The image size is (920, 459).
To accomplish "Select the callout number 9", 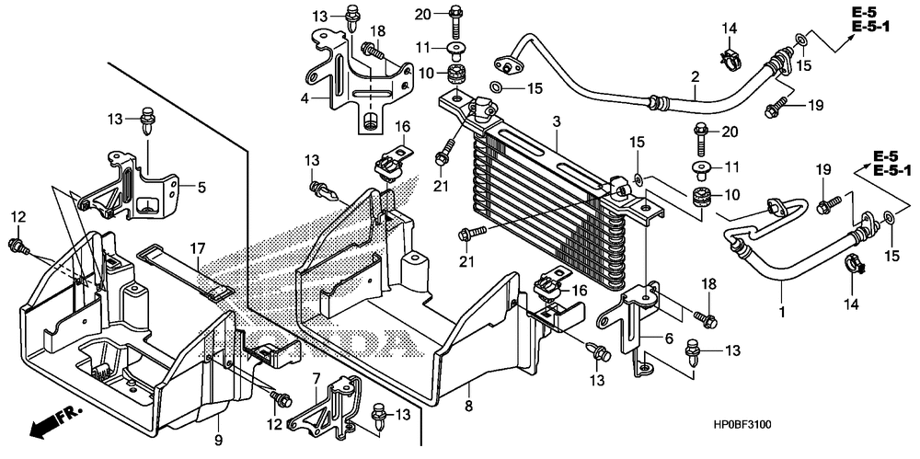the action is coord(218,440).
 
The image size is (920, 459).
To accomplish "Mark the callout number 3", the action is coord(557,122).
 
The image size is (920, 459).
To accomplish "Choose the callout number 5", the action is coord(201,188).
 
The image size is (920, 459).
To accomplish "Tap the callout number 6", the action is coord(669,339).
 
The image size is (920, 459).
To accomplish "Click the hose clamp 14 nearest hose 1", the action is coord(856,265).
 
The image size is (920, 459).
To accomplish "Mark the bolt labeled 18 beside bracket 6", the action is coord(706,319).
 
